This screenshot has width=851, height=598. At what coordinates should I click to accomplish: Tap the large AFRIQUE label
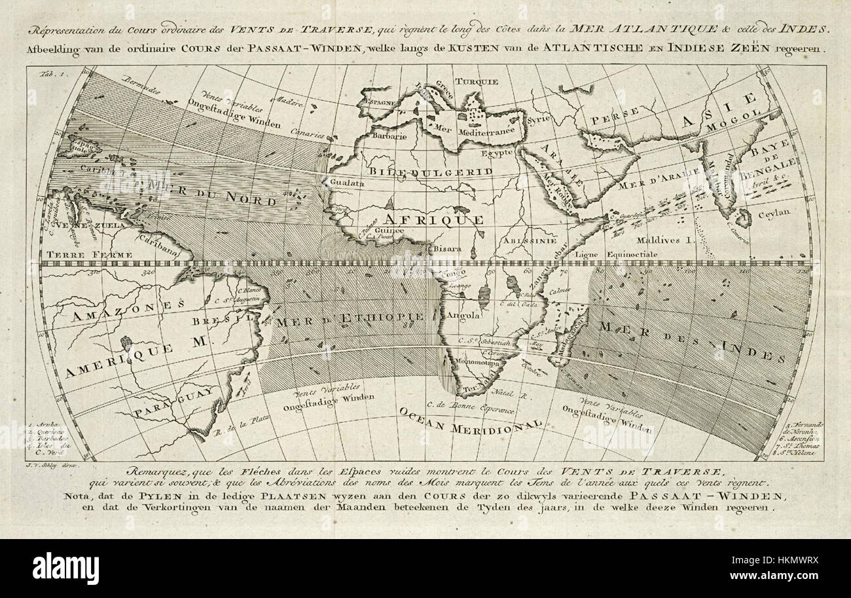pos(433,219)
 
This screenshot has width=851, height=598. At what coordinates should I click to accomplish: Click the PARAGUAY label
pos(173,401)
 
